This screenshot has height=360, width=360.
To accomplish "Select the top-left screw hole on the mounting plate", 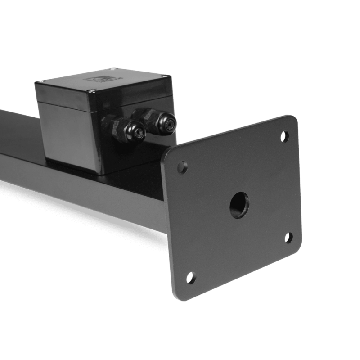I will tap(183, 166).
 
